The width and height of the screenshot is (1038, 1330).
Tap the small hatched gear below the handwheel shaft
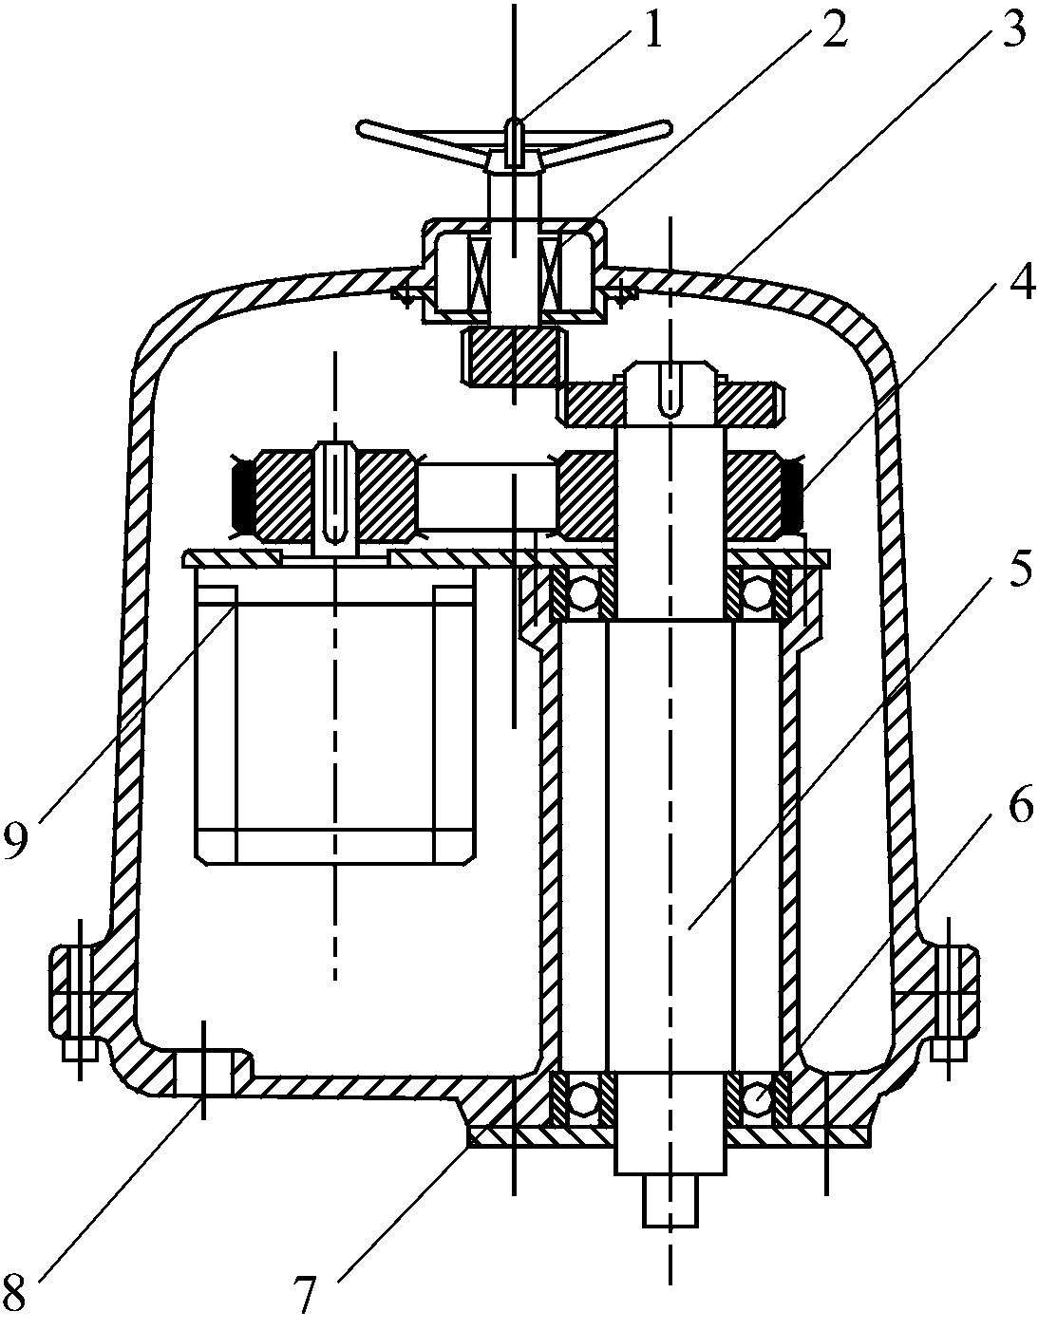point(513,357)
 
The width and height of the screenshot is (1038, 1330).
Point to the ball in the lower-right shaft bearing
point(757,1100)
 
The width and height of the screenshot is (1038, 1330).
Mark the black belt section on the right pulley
point(791,493)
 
